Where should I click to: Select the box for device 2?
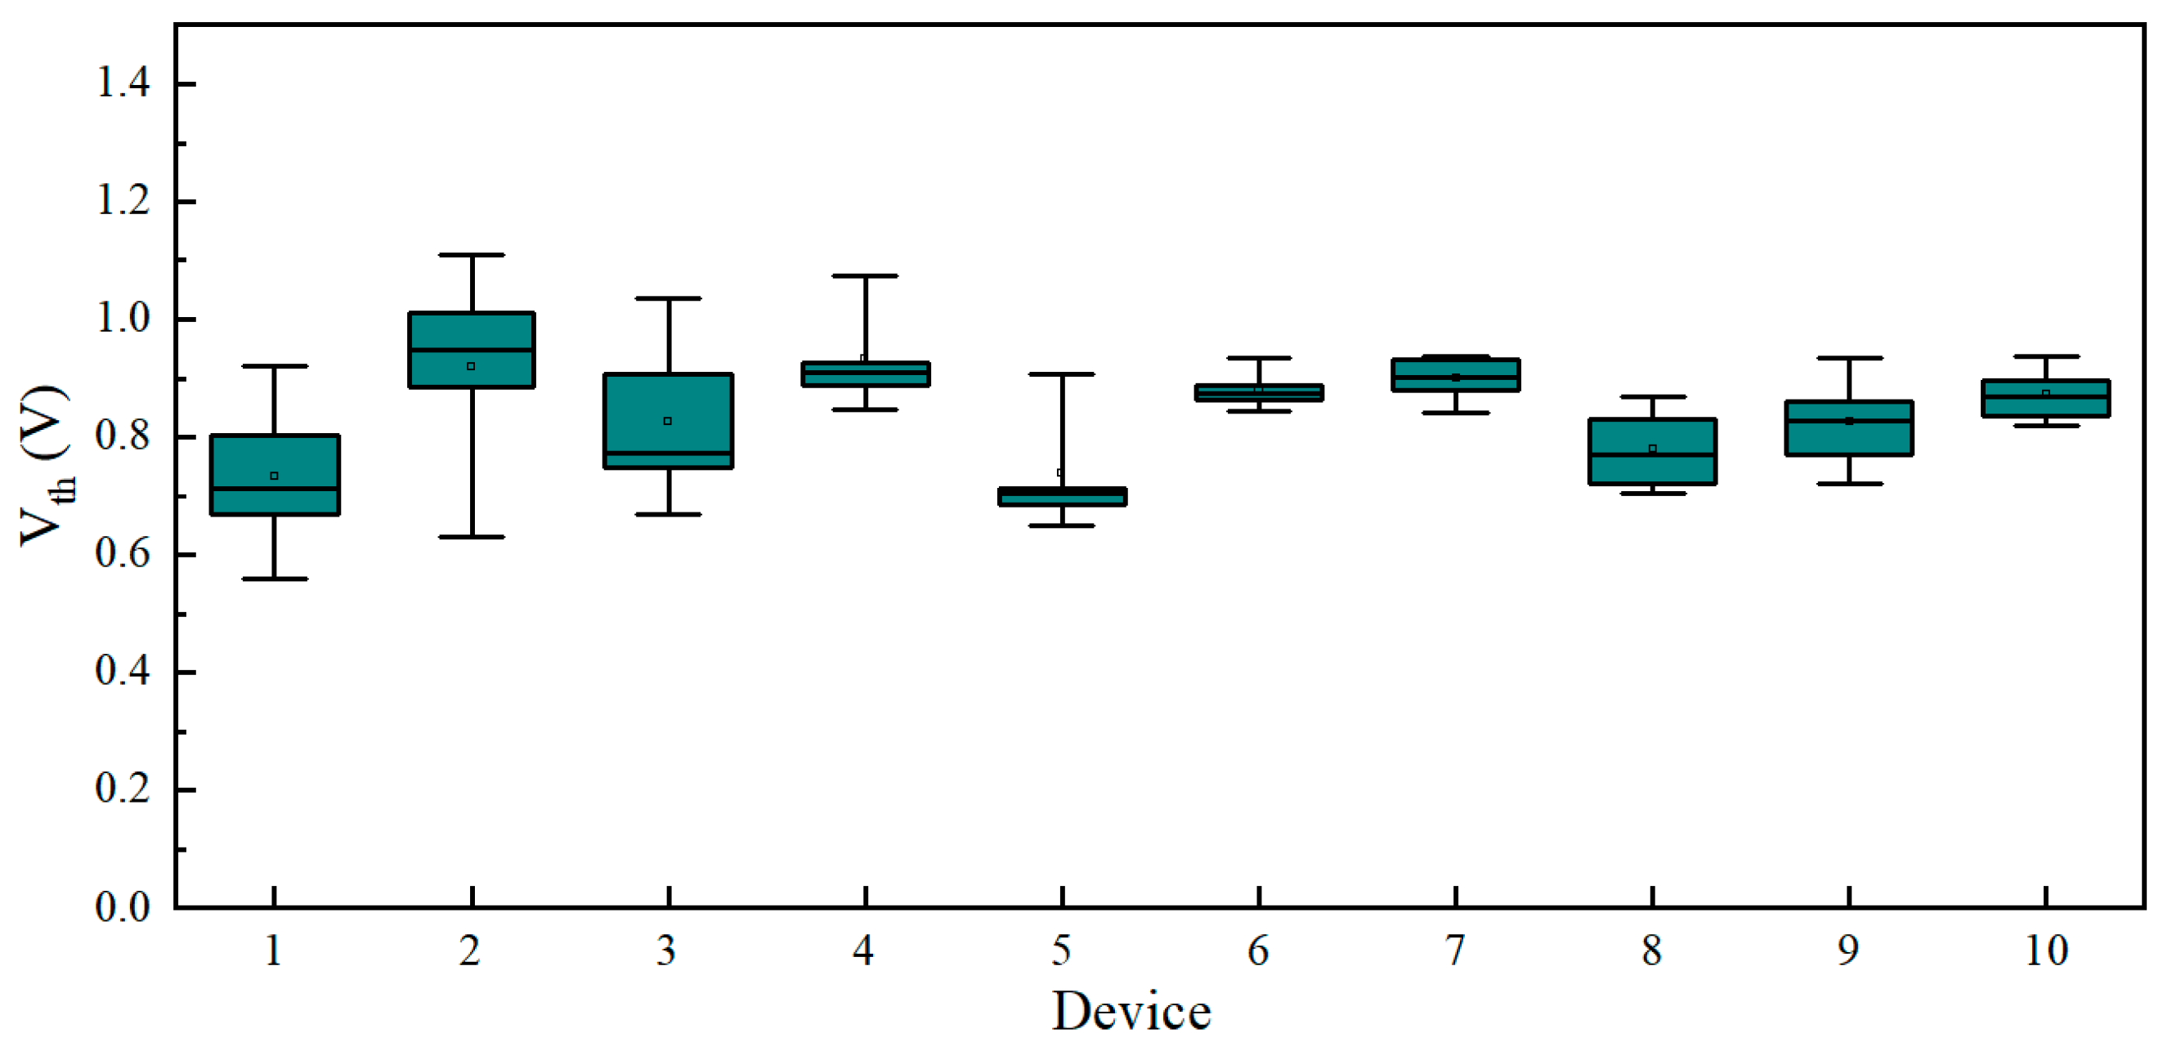point(472,350)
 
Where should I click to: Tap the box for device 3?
point(669,421)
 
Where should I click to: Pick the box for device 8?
point(1652,451)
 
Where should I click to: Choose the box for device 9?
point(1849,428)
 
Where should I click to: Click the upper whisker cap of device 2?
point(472,254)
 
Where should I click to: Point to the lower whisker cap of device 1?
point(275,579)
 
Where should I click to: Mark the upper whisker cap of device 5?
point(1062,373)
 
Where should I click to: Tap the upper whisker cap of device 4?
point(866,275)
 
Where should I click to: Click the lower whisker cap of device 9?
point(1849,484)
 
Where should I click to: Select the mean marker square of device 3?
point(668,421)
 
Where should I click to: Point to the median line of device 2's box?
point(472,349)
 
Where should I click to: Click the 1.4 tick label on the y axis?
point(123,83)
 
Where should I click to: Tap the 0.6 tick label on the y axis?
point(123,553)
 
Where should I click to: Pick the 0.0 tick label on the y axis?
point(123,907)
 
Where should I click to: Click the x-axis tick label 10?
point(2046,951)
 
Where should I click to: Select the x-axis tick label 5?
point(1062,951)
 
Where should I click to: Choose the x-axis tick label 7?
point(1456,951)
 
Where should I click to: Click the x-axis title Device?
point(1132,1011)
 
